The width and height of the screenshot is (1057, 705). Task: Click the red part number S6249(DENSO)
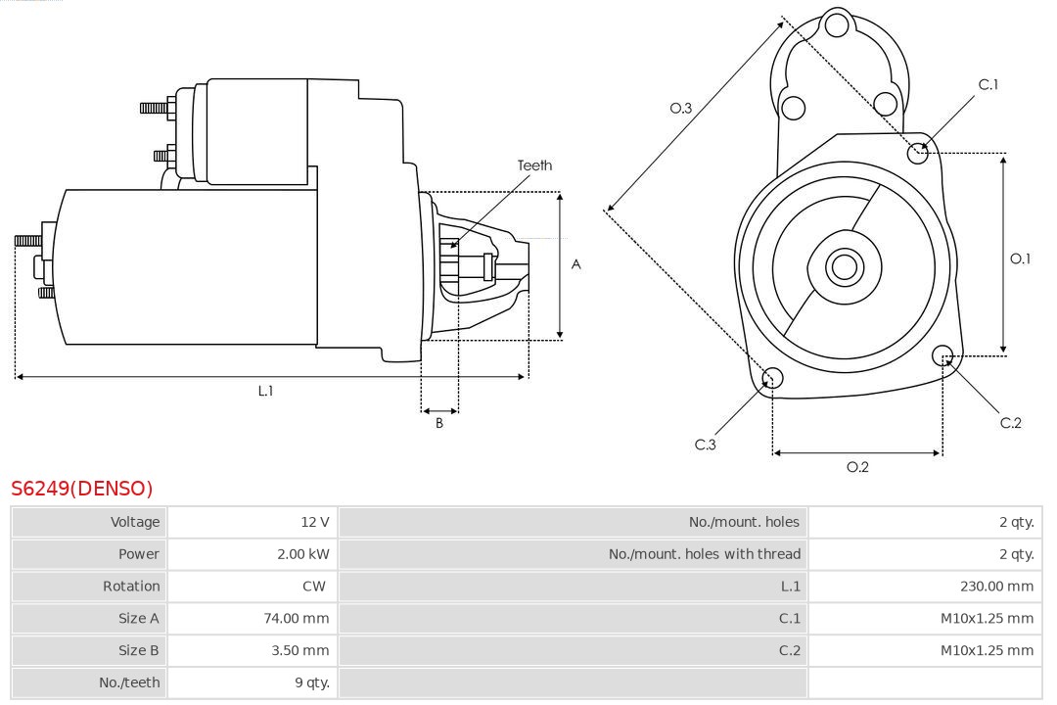click(x=82, y=488)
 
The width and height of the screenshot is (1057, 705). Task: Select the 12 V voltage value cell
click(x=315, y=522)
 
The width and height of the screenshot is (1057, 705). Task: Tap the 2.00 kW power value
click(x=303, y=554)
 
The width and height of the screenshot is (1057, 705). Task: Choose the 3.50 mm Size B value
click(x=299, y=650)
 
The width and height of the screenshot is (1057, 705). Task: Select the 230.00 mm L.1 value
click(x=996, y=587)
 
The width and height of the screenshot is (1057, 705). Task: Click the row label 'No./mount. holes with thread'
click(x=705, y=554)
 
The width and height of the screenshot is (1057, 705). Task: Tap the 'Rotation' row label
click(x=131, y=587)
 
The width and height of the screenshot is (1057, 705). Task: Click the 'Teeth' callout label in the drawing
click(x=534, y=165)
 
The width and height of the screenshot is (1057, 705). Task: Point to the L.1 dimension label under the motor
click(x=265, y=391)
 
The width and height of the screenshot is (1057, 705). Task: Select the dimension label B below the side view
click(x=439, y=424)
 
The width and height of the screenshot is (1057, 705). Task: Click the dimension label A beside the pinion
click(x=576, y=264)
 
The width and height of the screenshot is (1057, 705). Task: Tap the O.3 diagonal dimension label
click(x=681, y=109)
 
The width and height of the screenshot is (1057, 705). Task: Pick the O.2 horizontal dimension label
click(x=857, y=467)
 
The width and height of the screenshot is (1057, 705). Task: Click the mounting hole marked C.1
click(x=918, y=153)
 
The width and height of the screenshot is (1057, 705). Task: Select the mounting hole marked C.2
click(x=942, y=354)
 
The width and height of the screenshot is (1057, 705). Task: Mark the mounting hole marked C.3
click(x=772, y=379)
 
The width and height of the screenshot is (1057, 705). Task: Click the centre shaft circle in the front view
click(x=843, y=266)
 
